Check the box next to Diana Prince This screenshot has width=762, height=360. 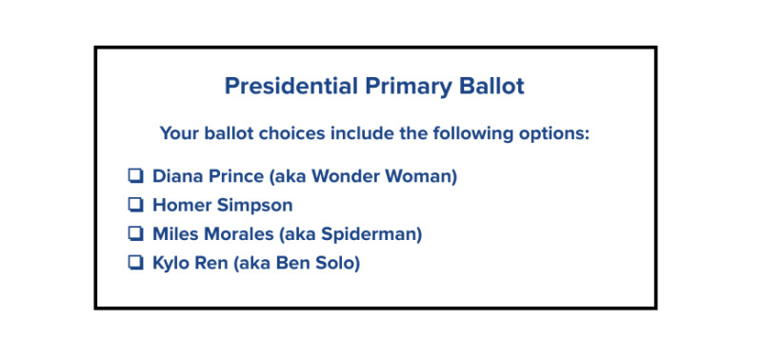(x=135, y=175)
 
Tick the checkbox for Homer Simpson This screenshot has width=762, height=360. (x=135, y=205)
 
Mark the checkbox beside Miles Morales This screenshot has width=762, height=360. (x=135, y=233)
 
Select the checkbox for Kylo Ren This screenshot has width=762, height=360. (x=135, y=263)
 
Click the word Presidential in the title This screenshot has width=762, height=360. (x=291, y=86)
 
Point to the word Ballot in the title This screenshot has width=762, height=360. (x=491, y=86)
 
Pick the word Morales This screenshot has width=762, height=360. (x=239, y=234)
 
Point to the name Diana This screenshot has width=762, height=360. (x=178, y=176)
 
